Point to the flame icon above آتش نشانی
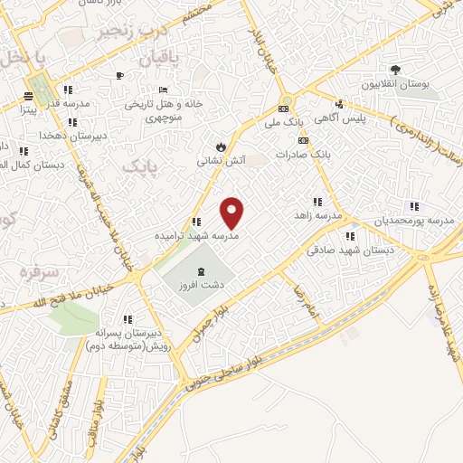click(x=219, y=146)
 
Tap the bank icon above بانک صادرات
click(x=302, y=141)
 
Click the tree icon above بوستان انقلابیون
click(x=395, y=70)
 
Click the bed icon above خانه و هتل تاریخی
click(x=163, y=90)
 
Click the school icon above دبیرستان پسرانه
click(x=128, y=319)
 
